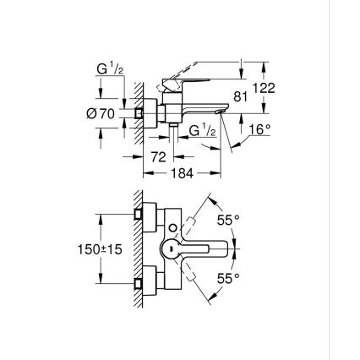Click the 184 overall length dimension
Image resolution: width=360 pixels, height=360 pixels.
[183, 172]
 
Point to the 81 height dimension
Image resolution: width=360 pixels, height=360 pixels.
[242, 99]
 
